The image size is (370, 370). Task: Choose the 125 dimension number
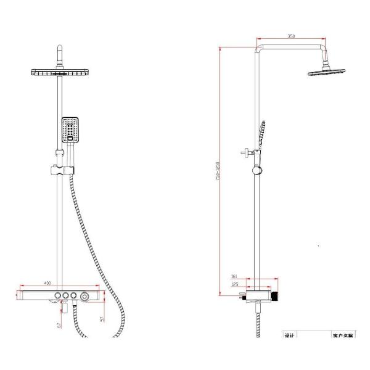tap(235, 285)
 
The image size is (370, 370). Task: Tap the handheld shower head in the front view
tap(71, 129)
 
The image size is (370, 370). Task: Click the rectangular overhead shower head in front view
tap(60, 73)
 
